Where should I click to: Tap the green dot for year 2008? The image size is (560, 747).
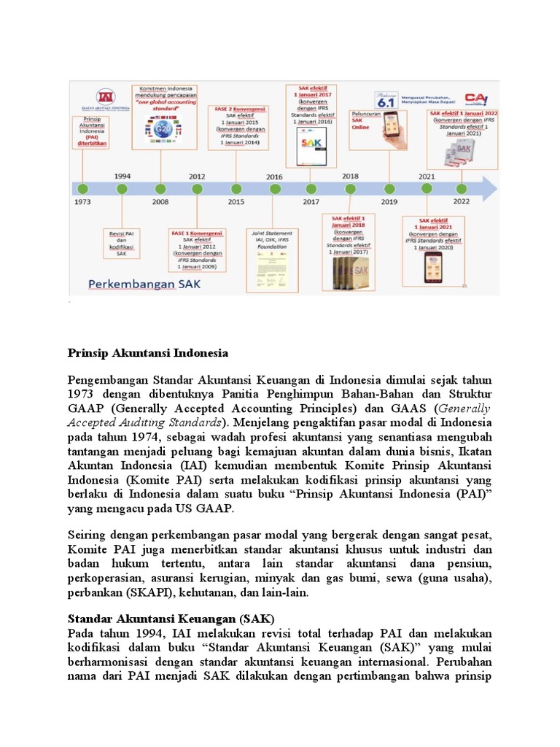(159, 188)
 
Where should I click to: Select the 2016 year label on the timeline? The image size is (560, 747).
(274, 176)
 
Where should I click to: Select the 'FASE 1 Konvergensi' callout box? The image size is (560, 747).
(198, 247)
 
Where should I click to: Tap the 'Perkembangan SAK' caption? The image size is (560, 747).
(135, 282)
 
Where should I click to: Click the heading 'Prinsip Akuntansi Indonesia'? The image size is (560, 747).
(148, 353)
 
